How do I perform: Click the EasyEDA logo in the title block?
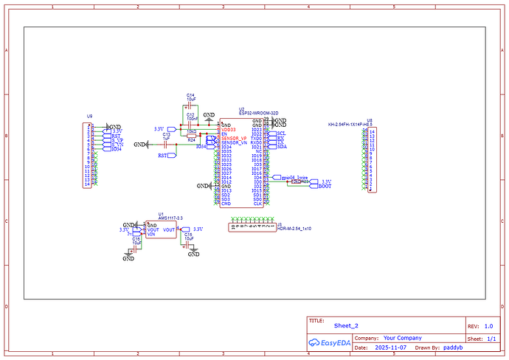(328, 342)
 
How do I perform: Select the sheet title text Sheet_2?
(345, 325)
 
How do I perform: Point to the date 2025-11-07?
(390, 347)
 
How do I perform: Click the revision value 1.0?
(488, 325)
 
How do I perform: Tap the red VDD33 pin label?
(229, 129)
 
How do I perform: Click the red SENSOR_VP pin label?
(234, 138)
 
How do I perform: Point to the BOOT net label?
(325, 187)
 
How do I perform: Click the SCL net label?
(281, 134)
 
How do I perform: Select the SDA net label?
(281, 147)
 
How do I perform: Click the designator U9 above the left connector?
(90, 116)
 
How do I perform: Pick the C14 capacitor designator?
(190, 95)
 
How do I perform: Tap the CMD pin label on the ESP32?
(226, 204)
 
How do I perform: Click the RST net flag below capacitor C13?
(162, 156)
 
